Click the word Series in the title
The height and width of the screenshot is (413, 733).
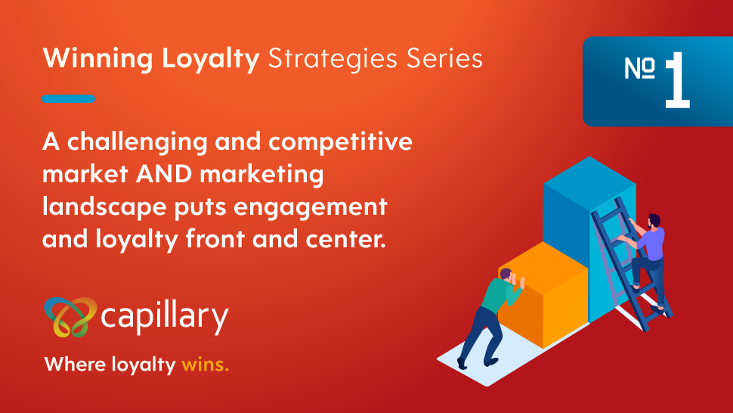pyautogui.click(x=444, y=58)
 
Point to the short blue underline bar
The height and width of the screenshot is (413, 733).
pyautogui.click(x=68, y=98)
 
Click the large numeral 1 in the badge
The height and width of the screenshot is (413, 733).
pyautogui.click(x=677, y=80)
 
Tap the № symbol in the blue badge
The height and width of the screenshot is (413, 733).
pyautogui.click(x=639, y=68)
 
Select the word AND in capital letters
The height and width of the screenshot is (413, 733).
pyautogui.click(x=164, y=174)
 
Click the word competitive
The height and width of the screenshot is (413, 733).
pyautogui.click(x=340, y=141)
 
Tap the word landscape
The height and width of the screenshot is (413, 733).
pyautogui.click(x=104, y=207)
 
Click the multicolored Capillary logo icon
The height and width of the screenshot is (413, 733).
pyautogui.click(x=70, y=317)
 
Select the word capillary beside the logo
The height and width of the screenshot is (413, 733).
pyautogui.click(x=165, y=317)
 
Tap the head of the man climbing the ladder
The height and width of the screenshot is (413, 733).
pyautogui.click(x=654, y=221)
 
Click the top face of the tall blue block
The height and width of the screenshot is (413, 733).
pyautogui.click(x=589, y=179)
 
